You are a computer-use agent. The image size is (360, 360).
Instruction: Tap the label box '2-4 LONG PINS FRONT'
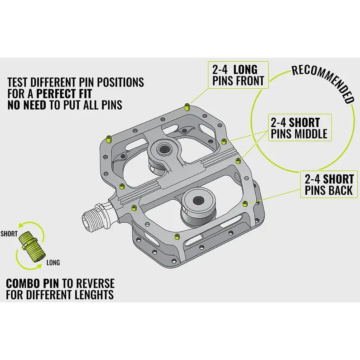tap(238, 75)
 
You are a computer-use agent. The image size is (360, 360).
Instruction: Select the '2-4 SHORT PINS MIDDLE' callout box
tap(300, 128)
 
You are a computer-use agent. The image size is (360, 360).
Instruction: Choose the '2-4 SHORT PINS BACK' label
tap(329, 184)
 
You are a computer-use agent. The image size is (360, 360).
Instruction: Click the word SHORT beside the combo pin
tap(9, 234)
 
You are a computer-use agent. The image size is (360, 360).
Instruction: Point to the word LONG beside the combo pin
tap(53, 263)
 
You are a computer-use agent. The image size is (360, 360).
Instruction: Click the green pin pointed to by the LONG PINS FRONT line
tap(187, 107)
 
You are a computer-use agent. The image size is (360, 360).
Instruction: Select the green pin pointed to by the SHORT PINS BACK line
tap(245, 203)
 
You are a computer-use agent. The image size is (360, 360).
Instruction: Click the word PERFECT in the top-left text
tap(64, 94)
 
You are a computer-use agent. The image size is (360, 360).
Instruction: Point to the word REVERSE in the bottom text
tap(95, 283)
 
